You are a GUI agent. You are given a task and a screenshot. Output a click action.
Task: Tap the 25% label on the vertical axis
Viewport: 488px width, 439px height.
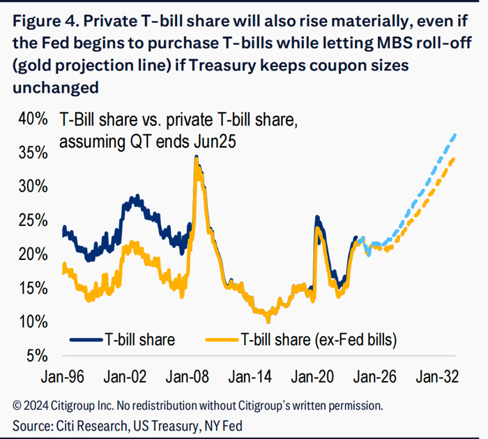pyautogui.click(x=33, y=220)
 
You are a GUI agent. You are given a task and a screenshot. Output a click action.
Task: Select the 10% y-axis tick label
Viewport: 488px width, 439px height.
pyautogui.click(x=33, y=322)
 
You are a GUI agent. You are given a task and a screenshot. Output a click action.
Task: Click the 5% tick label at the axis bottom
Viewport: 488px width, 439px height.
pyautogui.click(x=37, y=356)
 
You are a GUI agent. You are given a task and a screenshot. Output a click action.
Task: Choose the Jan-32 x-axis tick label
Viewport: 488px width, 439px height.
pyautogui.click(x=437, y=376)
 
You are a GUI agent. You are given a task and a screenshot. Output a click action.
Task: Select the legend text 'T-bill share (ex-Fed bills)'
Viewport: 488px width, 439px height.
pyautogui.click(x=319, y=341)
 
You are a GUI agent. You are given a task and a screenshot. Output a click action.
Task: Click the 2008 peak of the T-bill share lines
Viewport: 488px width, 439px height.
pyautogui.click(x=197, y=158)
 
